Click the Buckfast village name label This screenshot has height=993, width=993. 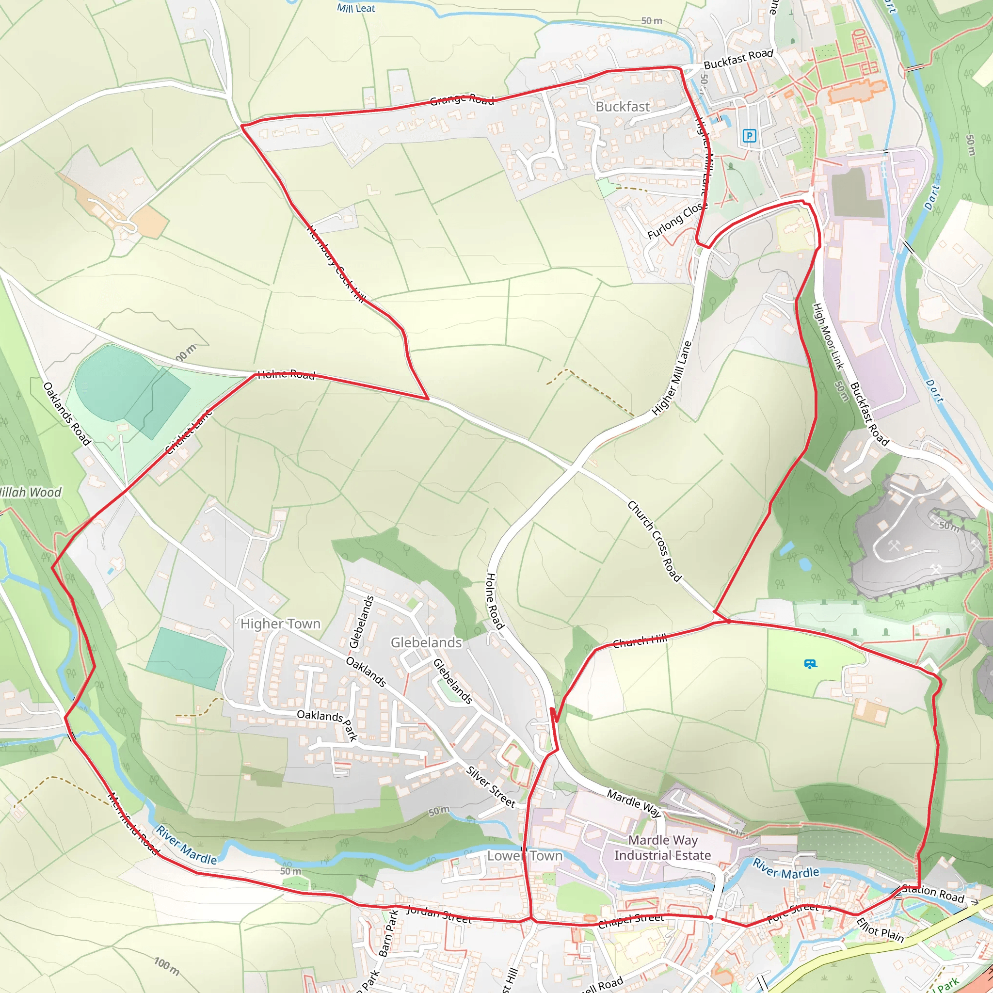coord(623,107)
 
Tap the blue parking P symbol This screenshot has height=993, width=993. coord(749,136)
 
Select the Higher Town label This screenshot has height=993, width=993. coord(280,624)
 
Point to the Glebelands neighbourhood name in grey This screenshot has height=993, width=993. coord(426,642)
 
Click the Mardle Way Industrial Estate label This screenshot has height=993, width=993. coord(662,848)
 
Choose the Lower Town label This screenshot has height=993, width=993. coord(525,856)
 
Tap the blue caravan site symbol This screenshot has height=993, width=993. coord(810,664)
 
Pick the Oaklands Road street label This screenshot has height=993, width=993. coord(66,413)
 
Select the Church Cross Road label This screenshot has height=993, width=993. coord(654,541)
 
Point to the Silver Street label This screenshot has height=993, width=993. coord(490,786)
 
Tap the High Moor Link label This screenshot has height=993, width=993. coord(828,336)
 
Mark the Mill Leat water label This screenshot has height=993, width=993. coord(356,8)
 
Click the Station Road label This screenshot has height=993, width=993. coord(933,893)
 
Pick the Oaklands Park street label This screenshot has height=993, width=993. coord(327,721)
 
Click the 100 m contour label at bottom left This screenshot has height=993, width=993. coord(167,966)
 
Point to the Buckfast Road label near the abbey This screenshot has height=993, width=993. coord(738,59)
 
